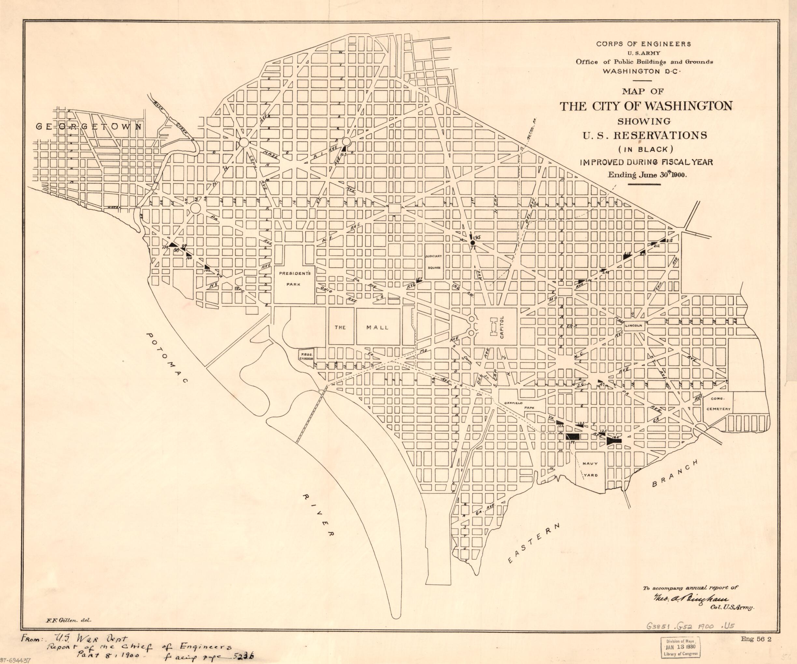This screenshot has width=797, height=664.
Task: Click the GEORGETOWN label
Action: click(x=89, y=127)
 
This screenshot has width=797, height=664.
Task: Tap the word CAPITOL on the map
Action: click(x=502, y=327)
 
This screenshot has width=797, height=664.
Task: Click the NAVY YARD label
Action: click(x=590, y=469)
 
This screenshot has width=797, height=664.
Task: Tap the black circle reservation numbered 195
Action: click(x=472, y=242)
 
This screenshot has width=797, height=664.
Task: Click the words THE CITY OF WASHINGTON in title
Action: click(x=646, y=106)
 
